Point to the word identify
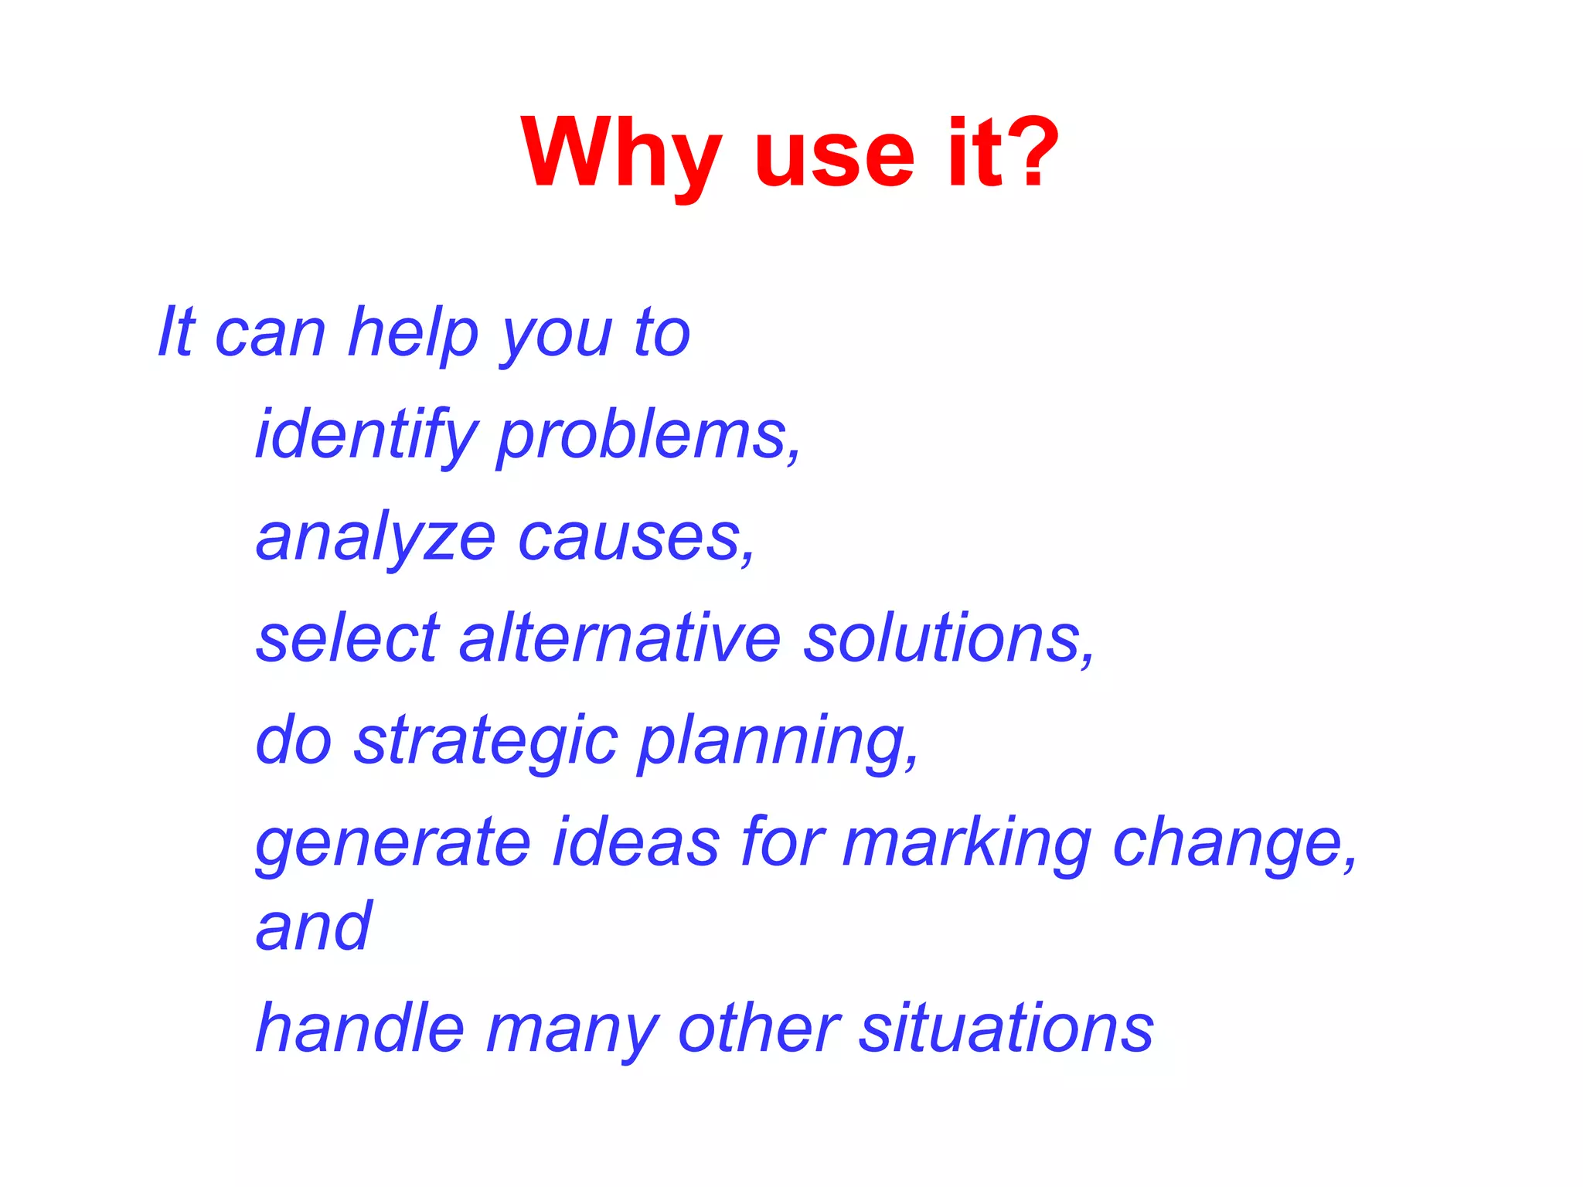pyautogui.click(x=366, y=436)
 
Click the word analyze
pyautogui.click(x=376, y=539)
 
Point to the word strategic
pyautogui.click(x=486, y=742)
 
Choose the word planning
pyautogui.click(x=778, y=742)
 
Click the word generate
pyautogui.click(x=393, y=844)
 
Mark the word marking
pyautogui.click(x=966, y=844)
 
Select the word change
pyautogui.click(x=1234, y=844)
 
